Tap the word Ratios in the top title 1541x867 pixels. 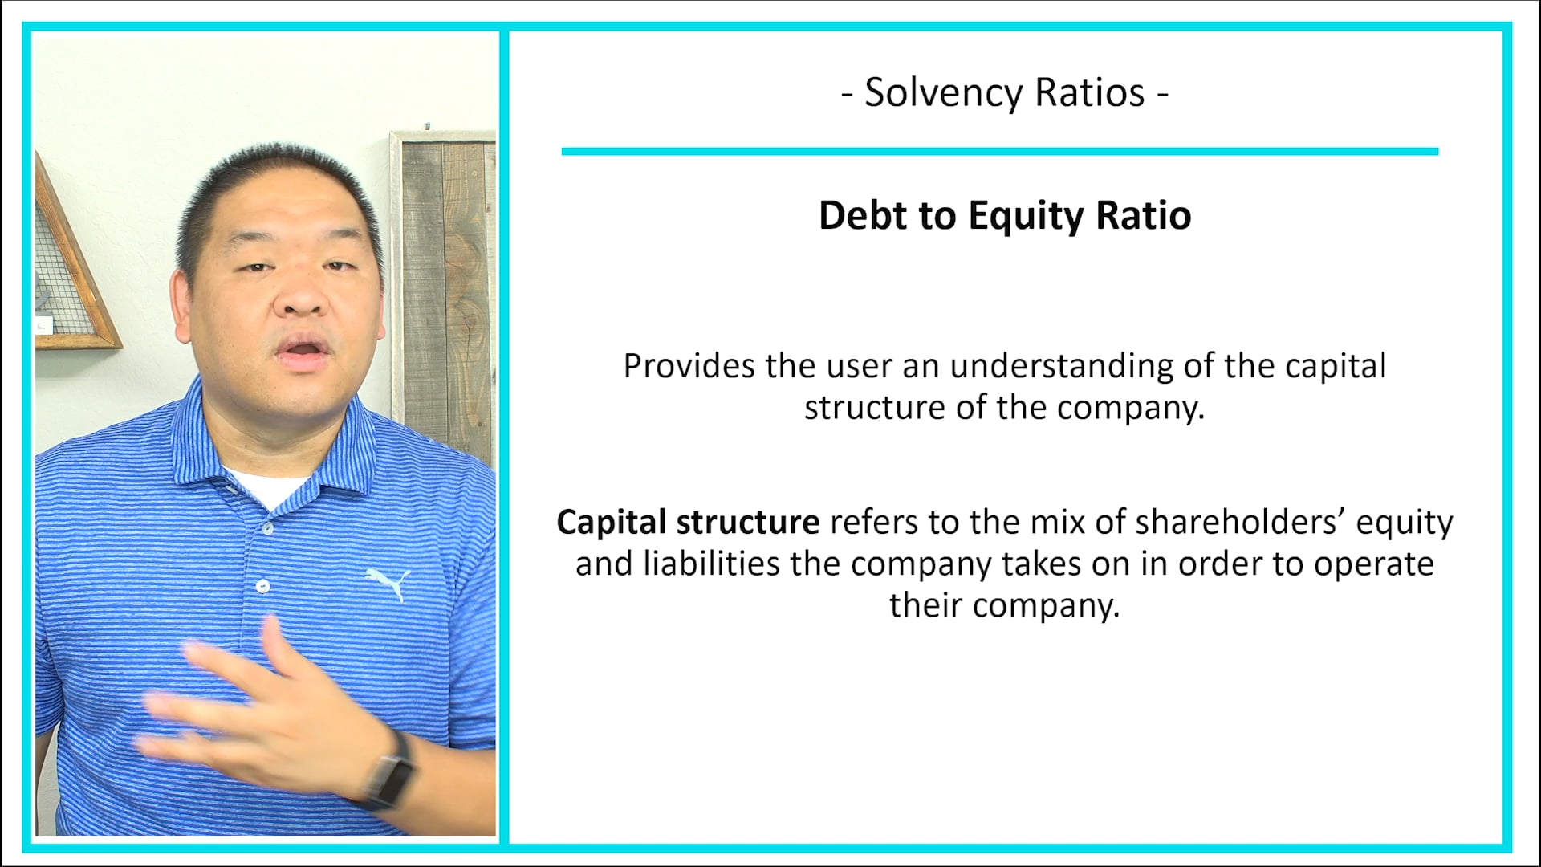(1089, 93)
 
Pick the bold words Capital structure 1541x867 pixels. (688, 523)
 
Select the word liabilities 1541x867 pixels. (711, 564)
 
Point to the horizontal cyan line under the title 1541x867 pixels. (999, 151)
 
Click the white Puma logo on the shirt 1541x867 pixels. (388, 581)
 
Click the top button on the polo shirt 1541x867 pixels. (267, 527)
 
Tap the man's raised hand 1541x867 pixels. (265, 706)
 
